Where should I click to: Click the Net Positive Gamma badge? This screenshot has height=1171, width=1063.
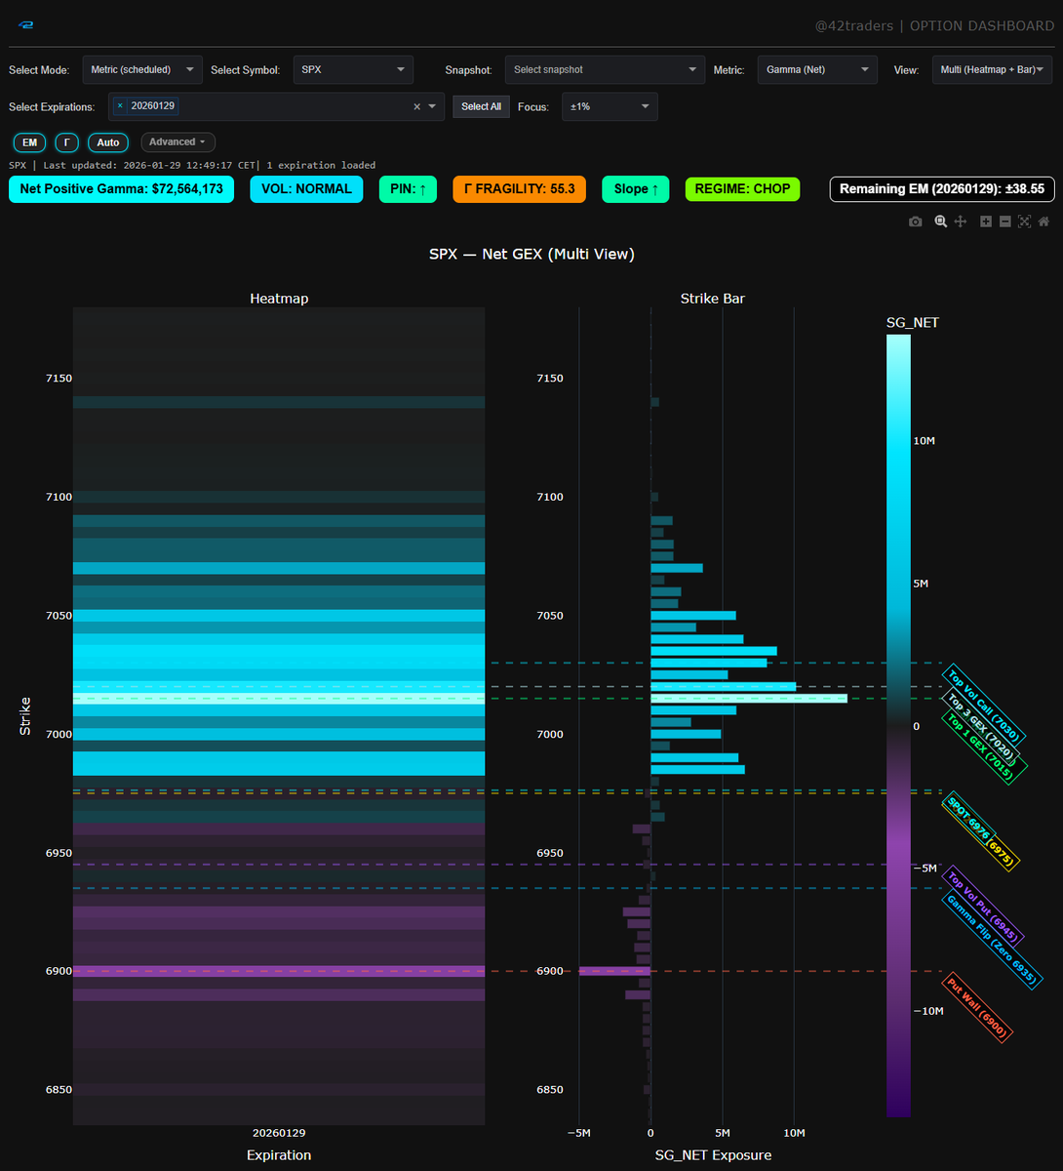pos(122,189)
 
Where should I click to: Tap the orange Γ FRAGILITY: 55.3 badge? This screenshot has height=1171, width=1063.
pos(519,189)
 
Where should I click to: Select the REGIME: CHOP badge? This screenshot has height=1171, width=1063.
pos(742,189)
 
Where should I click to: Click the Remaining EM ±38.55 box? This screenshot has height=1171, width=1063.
pos(941,189)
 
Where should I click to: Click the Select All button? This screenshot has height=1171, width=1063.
pos(481,106)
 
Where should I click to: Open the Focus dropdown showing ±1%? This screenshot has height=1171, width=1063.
pos(610,106)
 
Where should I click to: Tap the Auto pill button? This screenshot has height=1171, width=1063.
pos(108,142)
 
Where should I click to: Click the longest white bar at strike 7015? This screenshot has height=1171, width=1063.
pos(748,699)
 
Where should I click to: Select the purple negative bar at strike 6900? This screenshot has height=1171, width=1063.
pos(614,971)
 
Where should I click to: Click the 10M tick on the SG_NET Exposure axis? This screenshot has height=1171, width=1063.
pos(794,1133)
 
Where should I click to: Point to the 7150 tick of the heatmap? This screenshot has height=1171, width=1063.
pos(59,379)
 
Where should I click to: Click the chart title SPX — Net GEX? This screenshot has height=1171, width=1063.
pos(531,255)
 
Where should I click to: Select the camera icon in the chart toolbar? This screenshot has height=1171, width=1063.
pos(915,222)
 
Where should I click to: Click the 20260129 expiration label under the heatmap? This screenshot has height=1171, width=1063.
pos(279,1133)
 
